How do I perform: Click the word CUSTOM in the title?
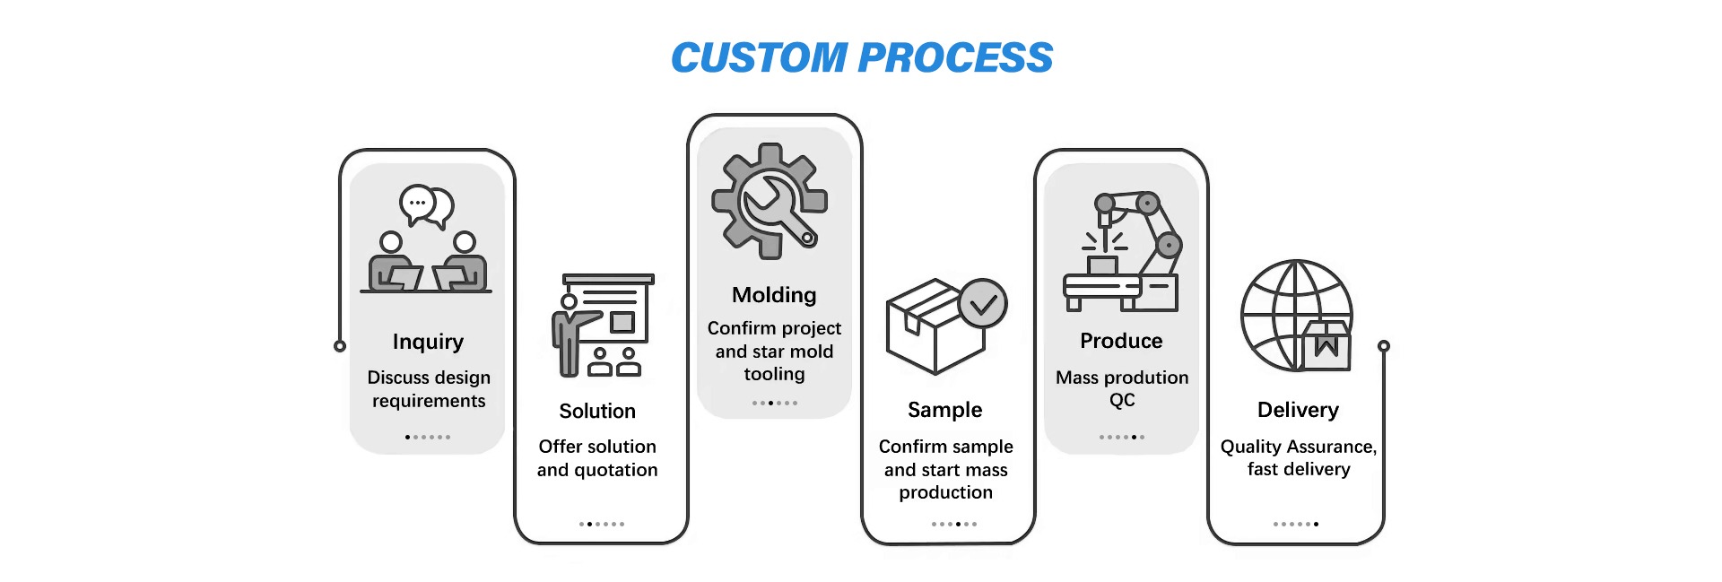pos(759,58)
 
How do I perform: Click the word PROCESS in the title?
pos(955,58)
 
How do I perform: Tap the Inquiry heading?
pos(428,343)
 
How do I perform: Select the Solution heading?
pos(597,411)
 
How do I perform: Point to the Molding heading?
pos(774,296)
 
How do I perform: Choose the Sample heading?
pos(945,411)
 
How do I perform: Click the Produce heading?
pos(1121,341)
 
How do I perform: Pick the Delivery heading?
pos(1298,411)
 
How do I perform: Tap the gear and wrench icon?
pos(770,202)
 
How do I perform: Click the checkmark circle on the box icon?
pos(983,304)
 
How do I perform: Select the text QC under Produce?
pos(1122,400)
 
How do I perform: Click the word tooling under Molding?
pos(774,374)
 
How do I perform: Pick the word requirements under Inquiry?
pos(429,401)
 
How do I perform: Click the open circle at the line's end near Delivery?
pos(1383,346)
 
